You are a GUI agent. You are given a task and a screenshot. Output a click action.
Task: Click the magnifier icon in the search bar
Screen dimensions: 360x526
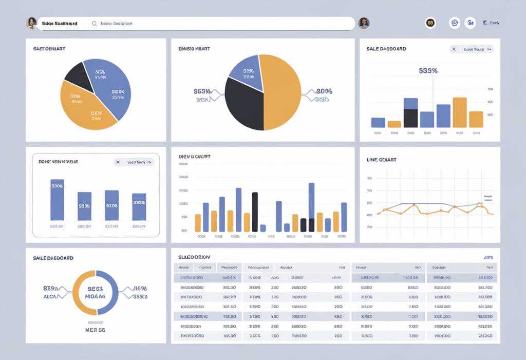(94, 24)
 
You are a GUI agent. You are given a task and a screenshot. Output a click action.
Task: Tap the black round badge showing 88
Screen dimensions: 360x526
(430, 23)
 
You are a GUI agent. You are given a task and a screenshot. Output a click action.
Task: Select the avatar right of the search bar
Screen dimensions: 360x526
(364, 23)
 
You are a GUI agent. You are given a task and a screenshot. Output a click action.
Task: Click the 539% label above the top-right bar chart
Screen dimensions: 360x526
(428, 71)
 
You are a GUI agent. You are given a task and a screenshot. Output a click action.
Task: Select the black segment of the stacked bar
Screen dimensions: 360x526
(410, 118)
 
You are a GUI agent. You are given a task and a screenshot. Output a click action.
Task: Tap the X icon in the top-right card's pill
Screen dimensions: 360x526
(455, 49)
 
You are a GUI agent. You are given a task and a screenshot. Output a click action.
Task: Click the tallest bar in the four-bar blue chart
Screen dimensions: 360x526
(57, 200)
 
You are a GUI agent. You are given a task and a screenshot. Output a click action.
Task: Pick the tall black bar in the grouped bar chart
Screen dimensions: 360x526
(255, 212)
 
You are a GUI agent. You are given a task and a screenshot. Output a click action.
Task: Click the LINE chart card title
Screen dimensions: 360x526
(381, 160)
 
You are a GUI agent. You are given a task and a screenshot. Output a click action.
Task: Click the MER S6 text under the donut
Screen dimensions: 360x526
(95, 330)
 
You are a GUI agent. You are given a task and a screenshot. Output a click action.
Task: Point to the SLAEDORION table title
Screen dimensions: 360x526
(194, 257)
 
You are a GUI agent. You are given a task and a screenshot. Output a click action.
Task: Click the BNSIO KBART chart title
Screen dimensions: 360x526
(194, 49)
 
